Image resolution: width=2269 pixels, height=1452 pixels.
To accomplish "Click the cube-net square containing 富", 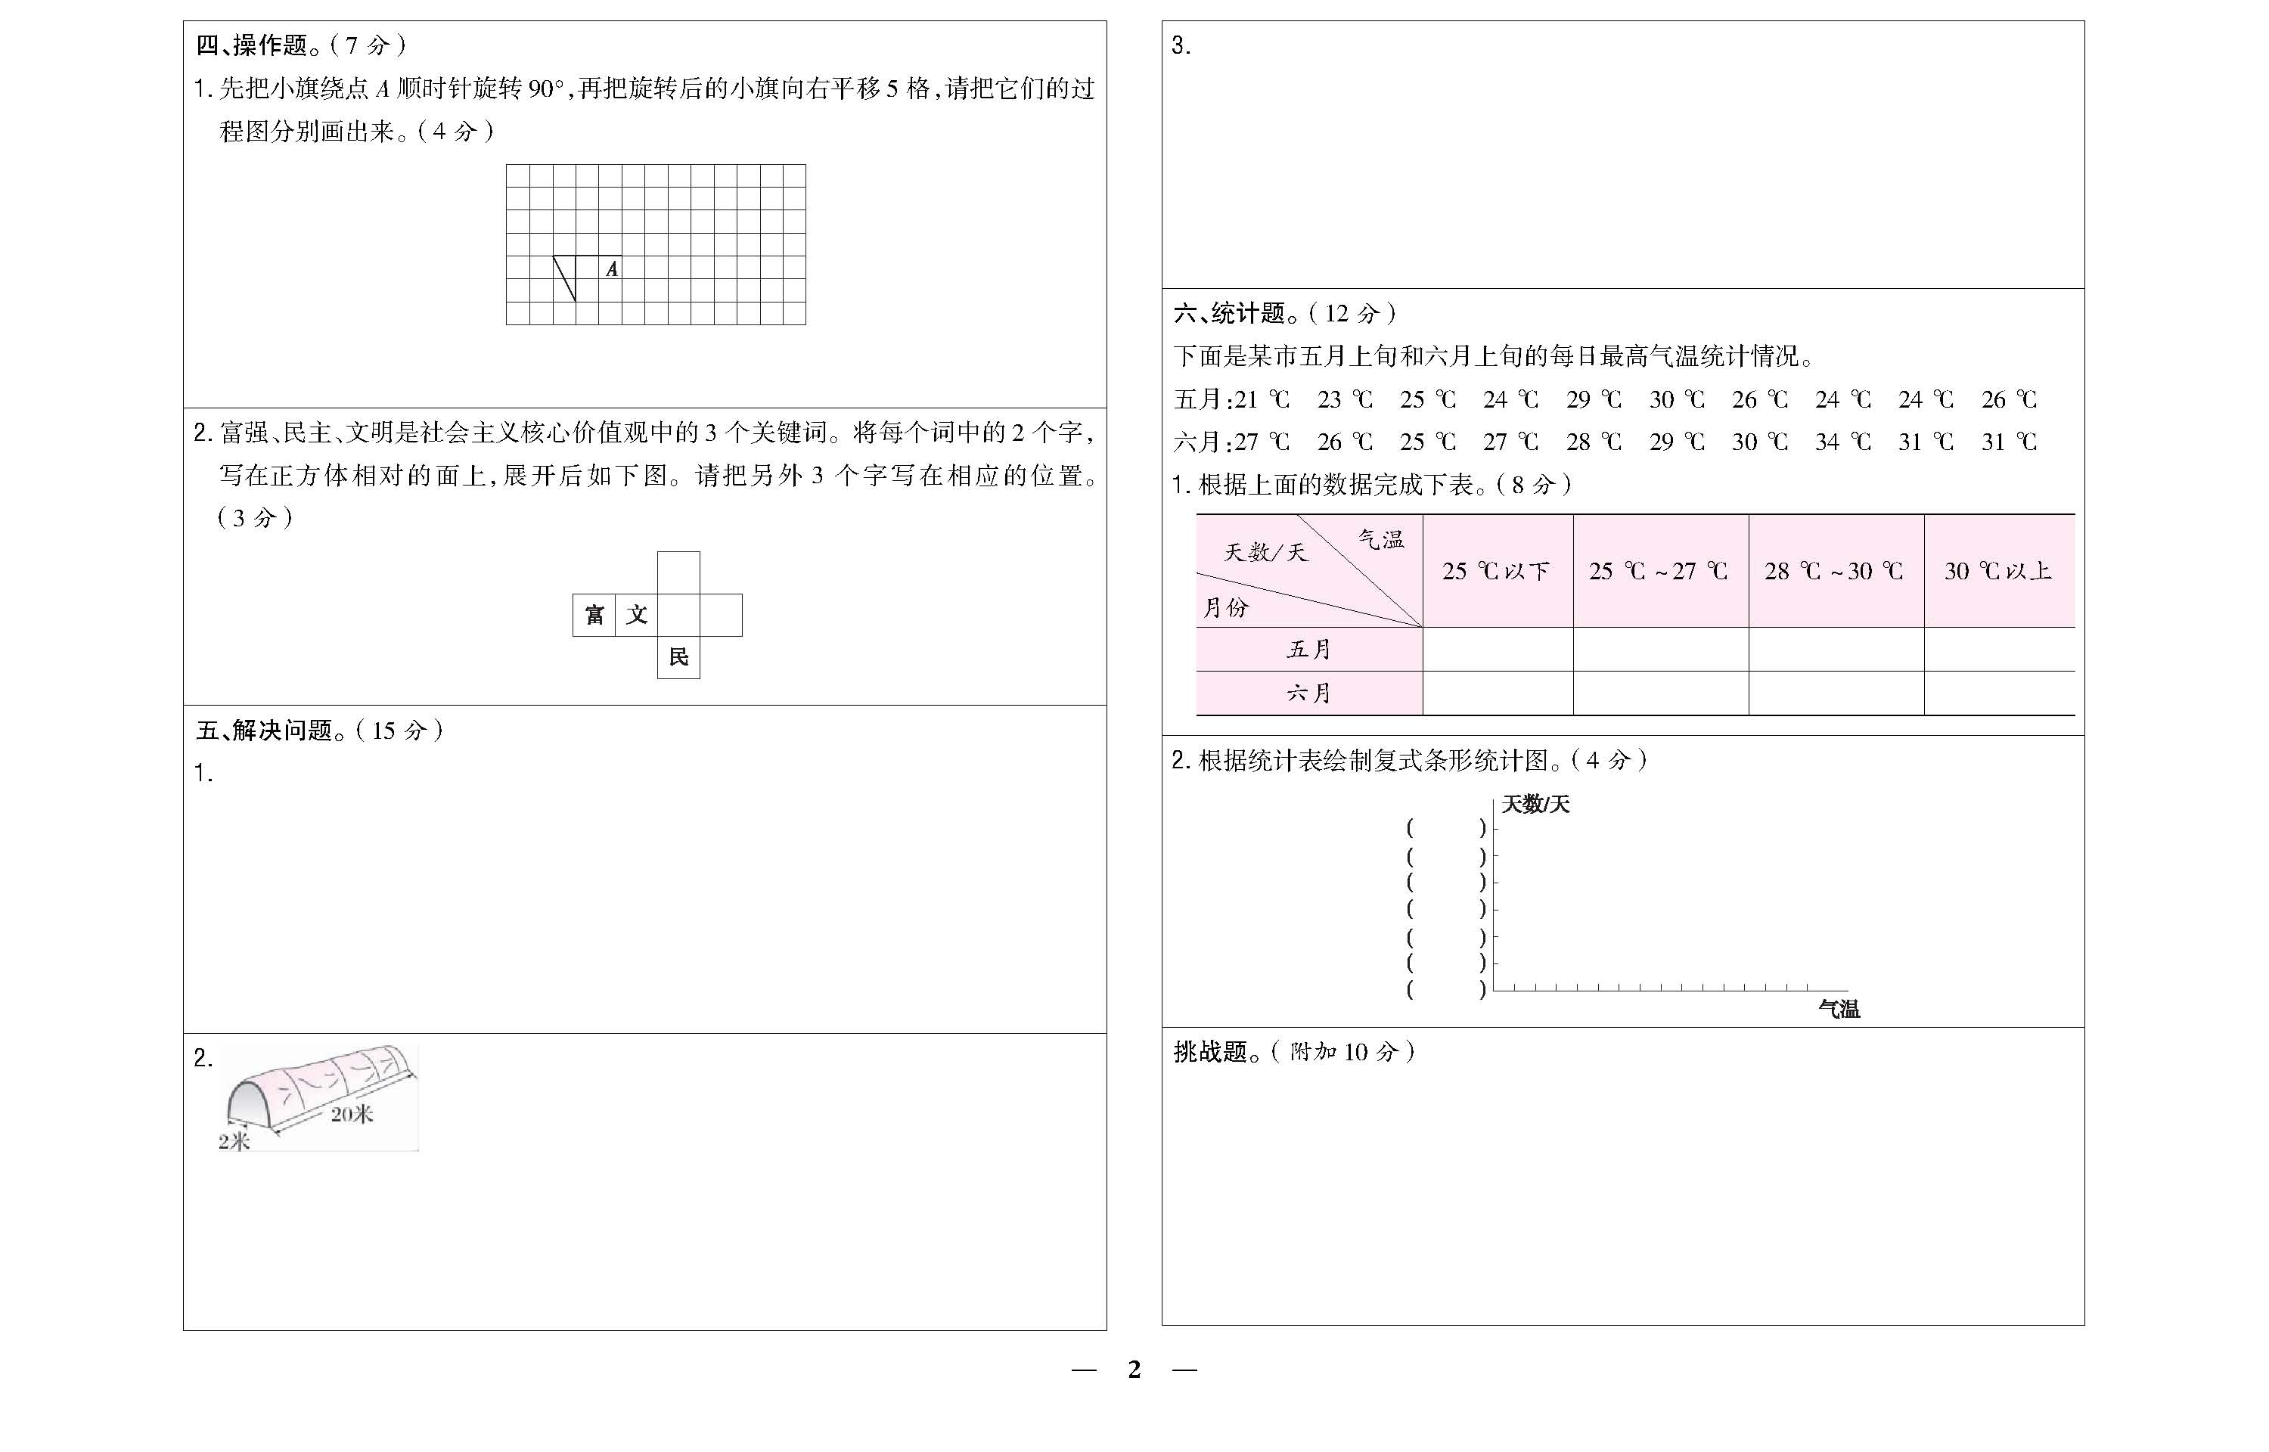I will tap(594, 616).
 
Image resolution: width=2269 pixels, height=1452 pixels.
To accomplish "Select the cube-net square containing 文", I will tap(636, 616).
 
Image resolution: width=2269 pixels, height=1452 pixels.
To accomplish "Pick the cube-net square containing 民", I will tap(678, 657).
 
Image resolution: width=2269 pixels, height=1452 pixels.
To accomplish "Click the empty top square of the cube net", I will tap(678, 572).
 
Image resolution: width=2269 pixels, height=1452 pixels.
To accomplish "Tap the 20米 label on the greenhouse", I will tap(352, 1115).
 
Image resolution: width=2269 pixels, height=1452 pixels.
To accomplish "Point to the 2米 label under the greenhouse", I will tap(234, 1142).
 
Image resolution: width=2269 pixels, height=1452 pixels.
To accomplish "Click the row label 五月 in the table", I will tap(1308, 650).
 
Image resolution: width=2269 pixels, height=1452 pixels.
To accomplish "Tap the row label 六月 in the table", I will tap(1308, 694).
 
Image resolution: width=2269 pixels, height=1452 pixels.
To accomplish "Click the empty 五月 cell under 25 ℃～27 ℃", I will tap(1660, 650).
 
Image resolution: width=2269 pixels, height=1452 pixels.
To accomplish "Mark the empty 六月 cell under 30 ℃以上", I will tap(1998, 694).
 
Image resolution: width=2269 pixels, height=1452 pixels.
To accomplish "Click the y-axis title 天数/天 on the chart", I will tap(1535, 804).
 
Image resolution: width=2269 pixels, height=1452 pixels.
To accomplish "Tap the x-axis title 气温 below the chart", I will tap(1838, 1010).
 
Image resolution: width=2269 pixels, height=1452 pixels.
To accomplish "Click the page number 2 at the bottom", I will tap(1134, 1370).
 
